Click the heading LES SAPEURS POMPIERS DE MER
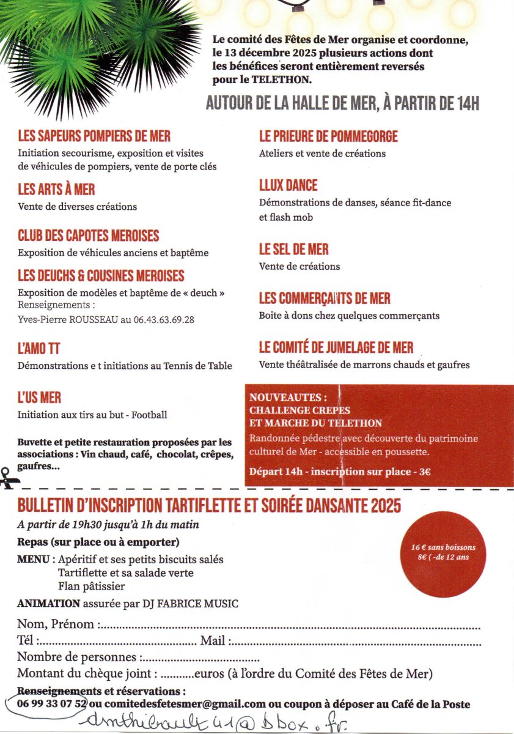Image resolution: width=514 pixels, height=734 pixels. click(94, 136)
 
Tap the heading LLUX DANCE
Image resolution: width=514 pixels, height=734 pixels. click(288, 185)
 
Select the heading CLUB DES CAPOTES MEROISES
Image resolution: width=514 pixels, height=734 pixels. click(89, 235)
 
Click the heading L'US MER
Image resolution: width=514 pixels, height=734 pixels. click(40, 398)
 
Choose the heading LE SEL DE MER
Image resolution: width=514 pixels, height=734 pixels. click(294, 250)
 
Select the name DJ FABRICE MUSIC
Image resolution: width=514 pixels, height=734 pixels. click(195, 604)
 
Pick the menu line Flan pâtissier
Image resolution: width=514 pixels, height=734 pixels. click(92, 587)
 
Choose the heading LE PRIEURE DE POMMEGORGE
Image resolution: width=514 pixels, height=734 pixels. click(328, 136)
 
